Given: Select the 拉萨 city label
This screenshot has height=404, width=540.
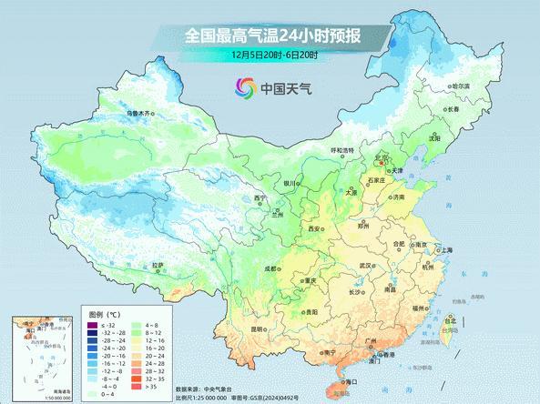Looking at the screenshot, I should [x=159, y=265].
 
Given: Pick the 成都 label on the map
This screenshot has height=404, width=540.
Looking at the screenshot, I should [x=270, y=268].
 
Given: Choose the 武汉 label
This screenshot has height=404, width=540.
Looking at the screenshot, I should [x=366, y=265].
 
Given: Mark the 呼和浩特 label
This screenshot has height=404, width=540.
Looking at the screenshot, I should [x=341, y=150].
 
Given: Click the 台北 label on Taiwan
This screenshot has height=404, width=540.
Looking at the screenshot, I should [x=450, y=320].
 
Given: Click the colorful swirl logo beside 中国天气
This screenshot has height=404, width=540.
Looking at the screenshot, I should [x=245, y=88].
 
